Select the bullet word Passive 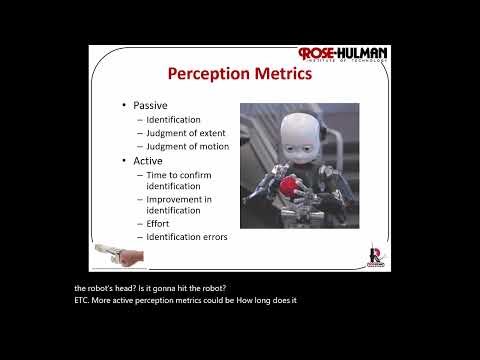coord(153,105)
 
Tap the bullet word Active coord(150,160)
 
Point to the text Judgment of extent coord(185,133)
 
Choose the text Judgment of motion coord(187,146)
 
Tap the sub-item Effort coord(158,224)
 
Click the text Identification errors coord(186,237)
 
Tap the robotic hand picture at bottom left coord(118,254)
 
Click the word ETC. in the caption coord(83,300)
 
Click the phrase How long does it coord(267,300)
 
